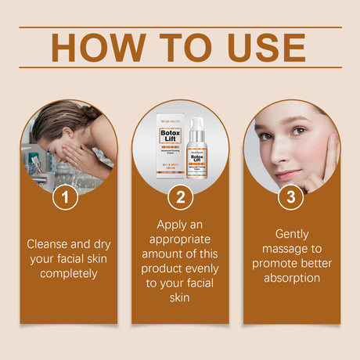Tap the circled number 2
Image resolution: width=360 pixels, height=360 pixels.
coord(180,196)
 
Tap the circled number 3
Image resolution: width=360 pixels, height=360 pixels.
coord(291,196)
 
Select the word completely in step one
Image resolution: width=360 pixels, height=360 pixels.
coord(69,273)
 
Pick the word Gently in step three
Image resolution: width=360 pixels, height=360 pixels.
coord(292,234)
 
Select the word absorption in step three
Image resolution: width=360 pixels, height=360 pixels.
coord(292,278)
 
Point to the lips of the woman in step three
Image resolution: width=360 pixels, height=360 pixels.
coord(288,175)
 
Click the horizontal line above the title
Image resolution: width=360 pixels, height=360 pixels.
coord(180,27)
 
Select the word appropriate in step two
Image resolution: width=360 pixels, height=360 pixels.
coord(180,239)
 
